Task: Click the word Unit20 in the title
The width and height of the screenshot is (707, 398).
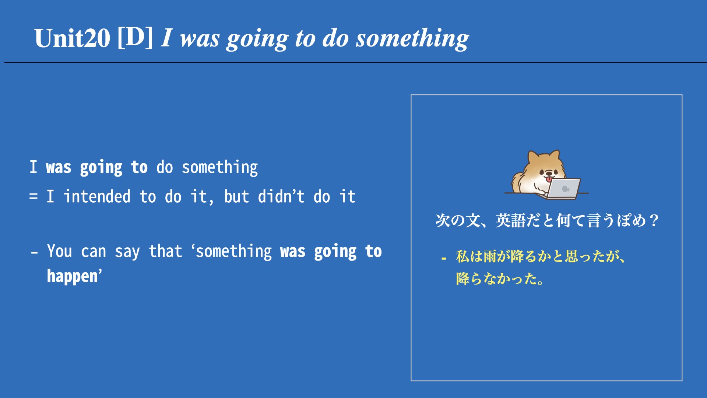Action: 72,38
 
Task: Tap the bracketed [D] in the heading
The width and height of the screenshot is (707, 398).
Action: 135,38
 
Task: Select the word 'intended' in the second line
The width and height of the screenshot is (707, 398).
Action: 97,196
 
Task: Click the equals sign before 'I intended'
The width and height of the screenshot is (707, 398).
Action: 34,196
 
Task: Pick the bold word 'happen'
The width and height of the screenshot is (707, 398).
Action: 73,276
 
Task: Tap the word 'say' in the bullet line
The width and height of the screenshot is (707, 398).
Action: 127,252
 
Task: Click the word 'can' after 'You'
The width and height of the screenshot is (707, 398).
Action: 94,252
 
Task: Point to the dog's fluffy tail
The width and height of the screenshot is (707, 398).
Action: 518,182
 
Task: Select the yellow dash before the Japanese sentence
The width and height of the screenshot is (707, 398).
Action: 444,259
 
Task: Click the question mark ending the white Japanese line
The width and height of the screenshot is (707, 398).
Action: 654,221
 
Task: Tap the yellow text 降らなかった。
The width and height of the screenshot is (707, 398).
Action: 500,279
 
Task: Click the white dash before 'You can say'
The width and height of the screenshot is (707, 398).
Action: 34,253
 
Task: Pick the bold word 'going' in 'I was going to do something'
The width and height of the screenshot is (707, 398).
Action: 101,168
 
